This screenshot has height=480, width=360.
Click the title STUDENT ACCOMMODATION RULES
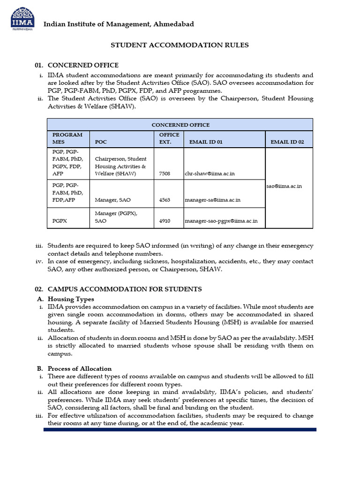(x=180, y=45)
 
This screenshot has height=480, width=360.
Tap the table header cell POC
(x=101, y=142)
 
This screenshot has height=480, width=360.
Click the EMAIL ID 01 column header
(x=206, y=142)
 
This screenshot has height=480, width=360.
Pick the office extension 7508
(x=165, y=173)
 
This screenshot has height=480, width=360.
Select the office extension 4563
(x=165, y=200)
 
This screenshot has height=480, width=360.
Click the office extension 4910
(x=165, y=221)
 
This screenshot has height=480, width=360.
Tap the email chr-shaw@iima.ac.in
(x=210, y=173)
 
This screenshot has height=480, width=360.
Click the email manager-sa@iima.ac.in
(x=212, y=200)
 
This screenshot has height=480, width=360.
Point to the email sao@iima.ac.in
(x=284, y=186)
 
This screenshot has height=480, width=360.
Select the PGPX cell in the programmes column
(x=60, y=221)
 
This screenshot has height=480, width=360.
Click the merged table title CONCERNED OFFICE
(x=180, y=125)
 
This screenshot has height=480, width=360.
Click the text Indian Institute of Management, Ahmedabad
(x=119, y=24)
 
